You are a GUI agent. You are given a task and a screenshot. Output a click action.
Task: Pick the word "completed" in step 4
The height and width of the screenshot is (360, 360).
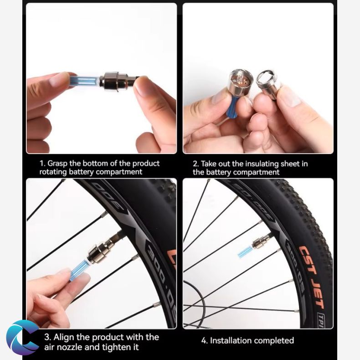pyautogui.click(x=274, y=340)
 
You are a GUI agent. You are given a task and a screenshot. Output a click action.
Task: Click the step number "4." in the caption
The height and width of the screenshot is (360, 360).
pyautogui.click(x=205, y=340)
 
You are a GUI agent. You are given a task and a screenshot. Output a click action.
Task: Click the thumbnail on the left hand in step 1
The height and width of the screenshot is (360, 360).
pyautogui.click(x=59, y=79)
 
